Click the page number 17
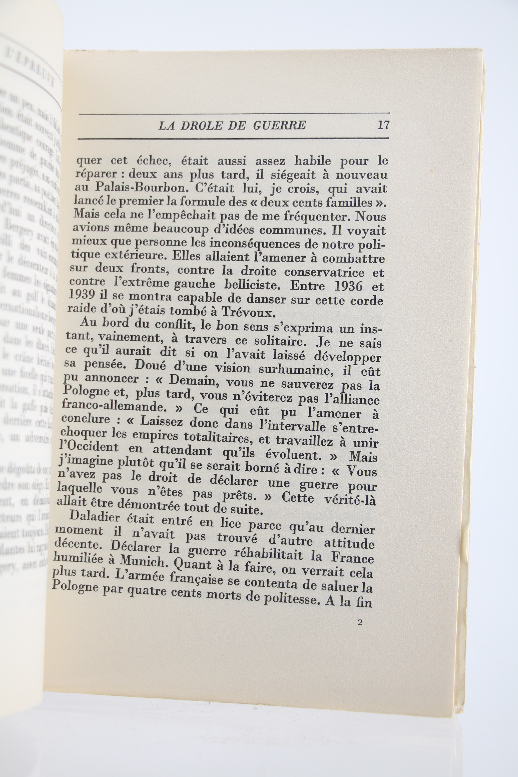pyautogui.click(x=383, y=125)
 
